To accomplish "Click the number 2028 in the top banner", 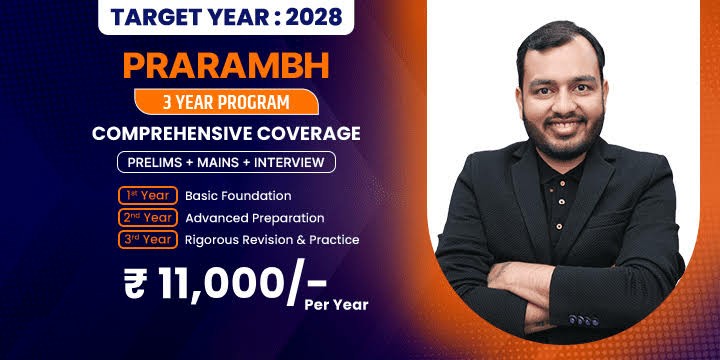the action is coord(314,17).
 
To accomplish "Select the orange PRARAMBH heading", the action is coord(226,66).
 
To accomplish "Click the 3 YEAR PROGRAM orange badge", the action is coord(226,102).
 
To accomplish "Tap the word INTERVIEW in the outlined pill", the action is coord(289,162).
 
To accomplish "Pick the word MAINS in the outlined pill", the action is coord(214,162).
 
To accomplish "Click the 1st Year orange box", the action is coord(148,196).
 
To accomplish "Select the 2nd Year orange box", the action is coord(148,218).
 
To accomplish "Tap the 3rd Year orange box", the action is coord(148,239).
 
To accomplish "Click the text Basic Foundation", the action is coord(238,196).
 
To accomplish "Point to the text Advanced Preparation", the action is coord(255,218).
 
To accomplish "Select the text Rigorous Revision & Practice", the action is coord(272,240).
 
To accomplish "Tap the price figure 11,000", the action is coord(219,281).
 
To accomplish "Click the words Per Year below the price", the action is coord(336,305).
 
